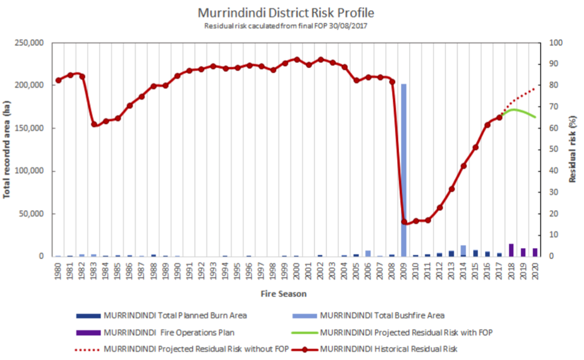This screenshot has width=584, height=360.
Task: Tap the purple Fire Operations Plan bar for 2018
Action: coord(511,250)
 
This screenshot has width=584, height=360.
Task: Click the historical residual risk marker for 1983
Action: coord(94,124)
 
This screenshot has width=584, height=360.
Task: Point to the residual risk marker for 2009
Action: coord(404,222)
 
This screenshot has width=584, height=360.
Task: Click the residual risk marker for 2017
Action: coord(499,118)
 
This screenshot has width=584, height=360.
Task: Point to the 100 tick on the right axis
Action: coord(557,43)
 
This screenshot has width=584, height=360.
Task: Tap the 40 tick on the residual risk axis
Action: coord(554,171)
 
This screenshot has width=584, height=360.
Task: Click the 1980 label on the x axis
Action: coord(58,273)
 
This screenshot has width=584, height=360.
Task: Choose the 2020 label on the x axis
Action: coord(536,273)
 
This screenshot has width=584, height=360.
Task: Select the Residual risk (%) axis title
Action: coord(573,149)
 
